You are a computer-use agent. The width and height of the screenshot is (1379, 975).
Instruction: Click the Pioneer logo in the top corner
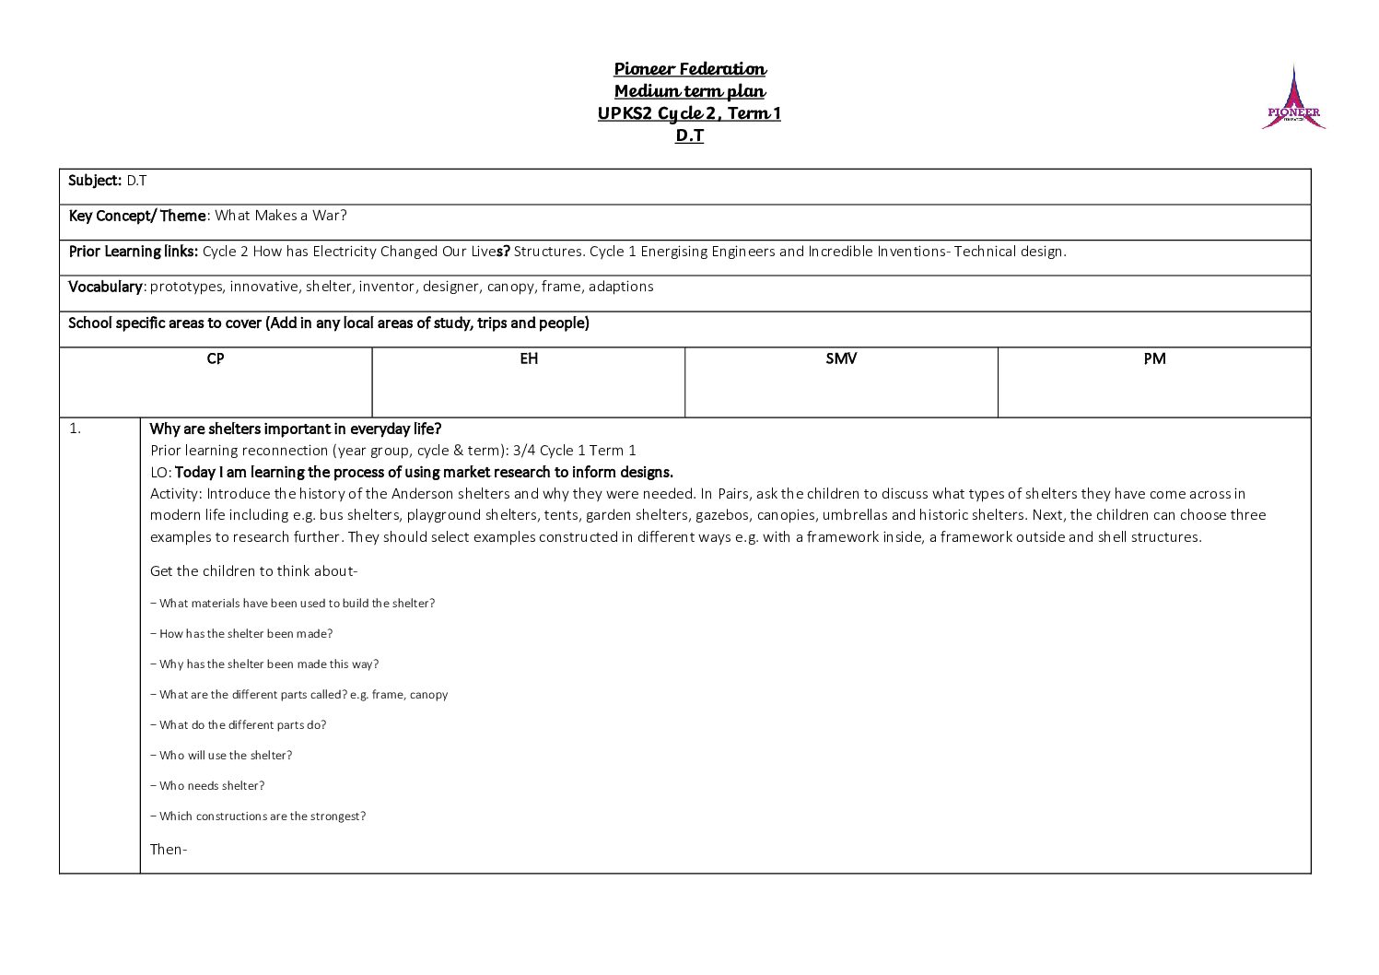coord(1293,99)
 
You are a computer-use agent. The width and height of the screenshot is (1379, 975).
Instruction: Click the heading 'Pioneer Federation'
coord(690,69)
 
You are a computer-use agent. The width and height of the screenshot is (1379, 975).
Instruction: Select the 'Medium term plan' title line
coord(690,91)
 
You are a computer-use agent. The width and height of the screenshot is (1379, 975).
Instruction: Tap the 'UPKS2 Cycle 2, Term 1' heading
coord(689,113)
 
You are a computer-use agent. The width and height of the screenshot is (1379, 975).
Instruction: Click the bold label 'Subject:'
coord(95,181)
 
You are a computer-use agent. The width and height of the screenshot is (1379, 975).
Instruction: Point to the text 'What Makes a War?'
coord(281,216)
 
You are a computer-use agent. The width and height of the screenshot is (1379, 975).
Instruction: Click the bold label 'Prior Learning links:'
coord(134,252)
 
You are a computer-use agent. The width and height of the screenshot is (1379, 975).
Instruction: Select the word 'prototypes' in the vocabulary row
coord(186,287)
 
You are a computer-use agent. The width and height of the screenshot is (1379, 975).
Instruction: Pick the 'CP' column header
coord(216,358)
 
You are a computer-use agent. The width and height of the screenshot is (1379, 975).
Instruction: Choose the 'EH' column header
coord(529,358)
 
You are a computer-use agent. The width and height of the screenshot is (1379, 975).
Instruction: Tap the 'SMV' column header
coord(841,358)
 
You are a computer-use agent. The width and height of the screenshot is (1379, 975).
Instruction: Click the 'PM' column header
coord(1154,358)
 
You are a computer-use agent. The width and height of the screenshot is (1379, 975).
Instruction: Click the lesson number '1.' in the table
coord(76,429)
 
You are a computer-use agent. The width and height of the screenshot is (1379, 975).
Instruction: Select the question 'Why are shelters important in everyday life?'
coord(296,429)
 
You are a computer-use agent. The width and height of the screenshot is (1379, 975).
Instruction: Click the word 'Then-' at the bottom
coord(169,850)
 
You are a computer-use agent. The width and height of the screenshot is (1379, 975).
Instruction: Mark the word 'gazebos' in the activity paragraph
coord(722,515)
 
